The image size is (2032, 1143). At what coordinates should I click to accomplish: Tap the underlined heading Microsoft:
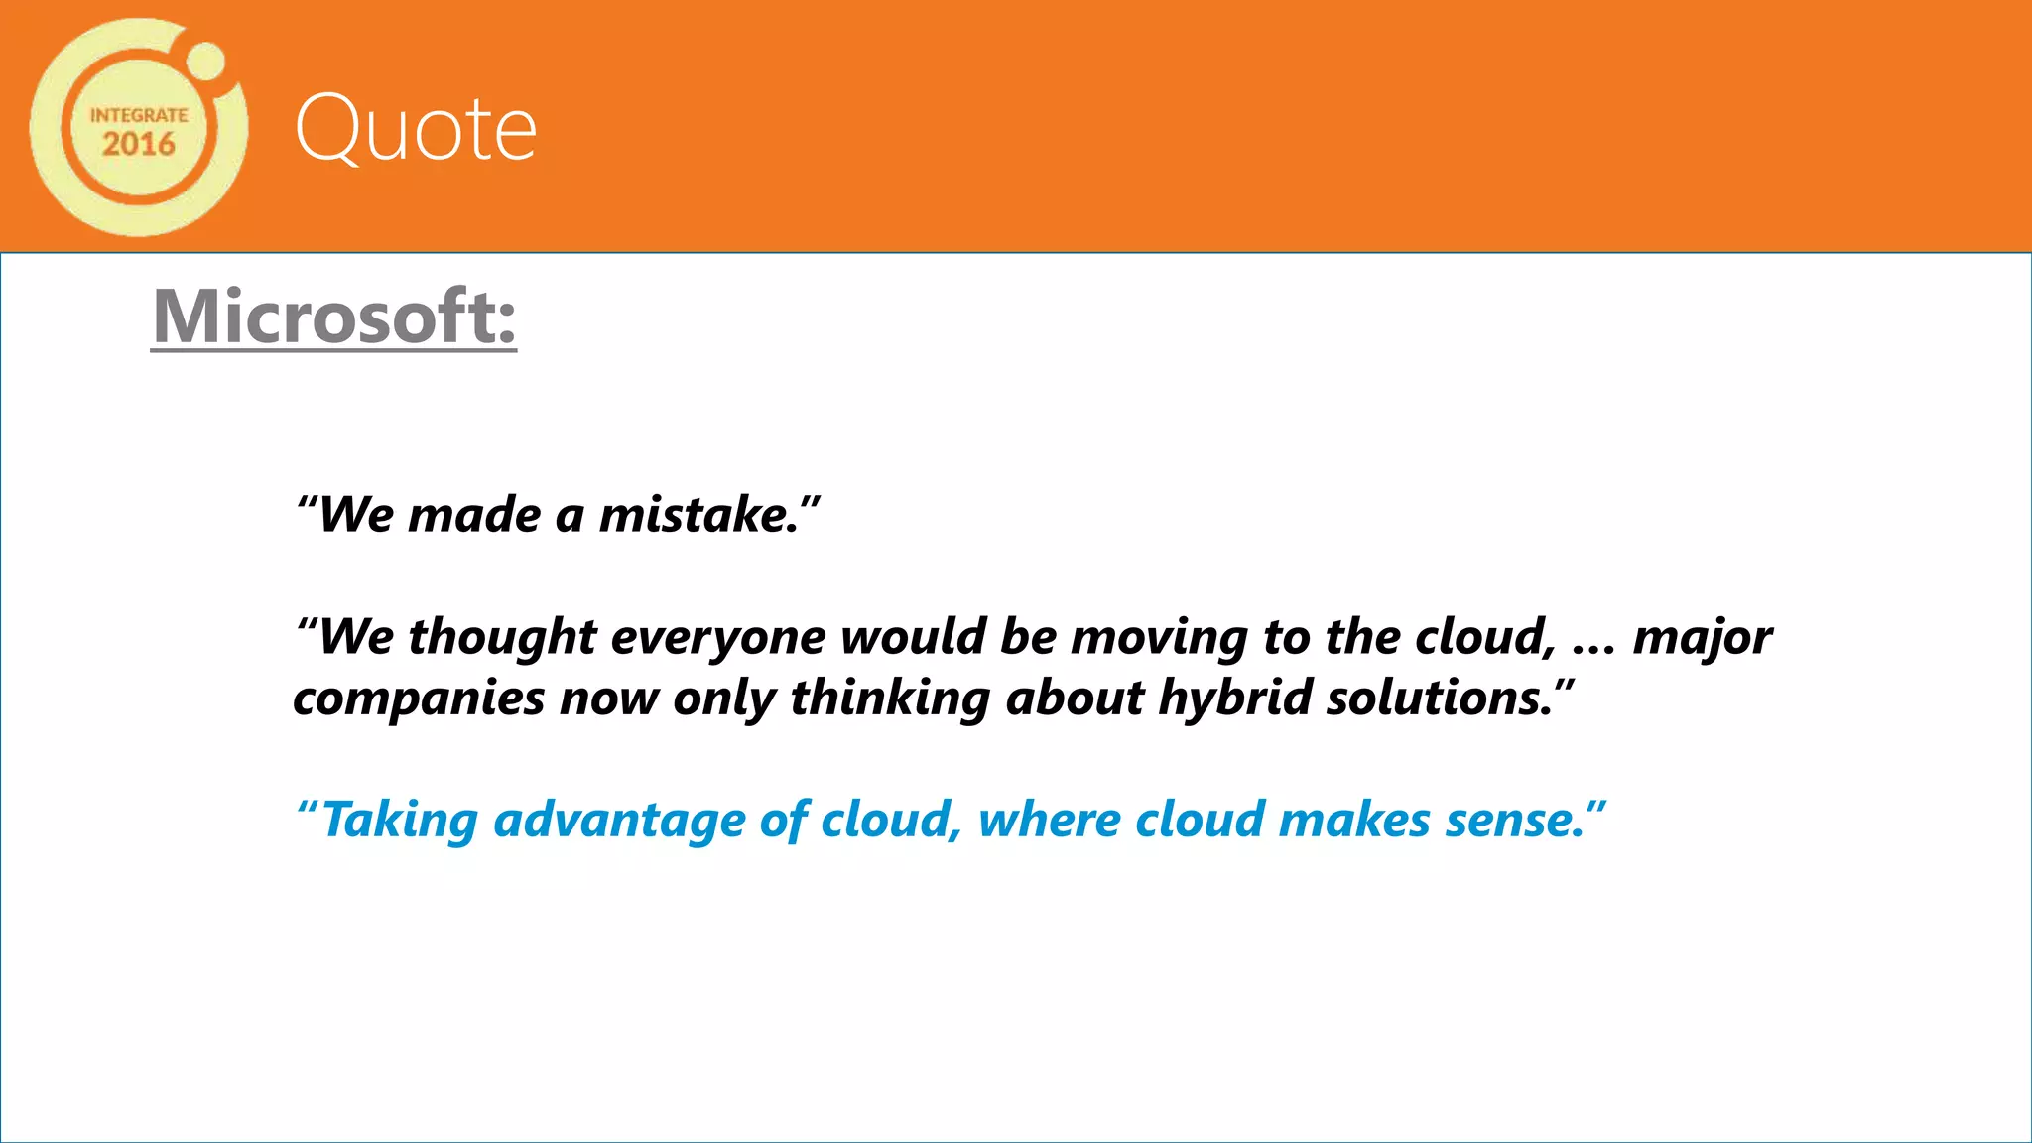pyautogui.click(x=334, y=317)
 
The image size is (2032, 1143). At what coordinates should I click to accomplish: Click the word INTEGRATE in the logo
pyautogui.click(x=139, y=115)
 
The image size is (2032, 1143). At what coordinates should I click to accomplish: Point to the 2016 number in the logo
pyautogui.click(x=139, y=144)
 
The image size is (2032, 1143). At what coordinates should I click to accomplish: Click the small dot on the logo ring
pyautogui.click(x=206, y=61)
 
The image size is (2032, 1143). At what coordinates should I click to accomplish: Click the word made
pyautogui.click(x=474, y=515)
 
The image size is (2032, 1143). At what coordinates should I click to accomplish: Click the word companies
pyautogui.click(x=419, y=698)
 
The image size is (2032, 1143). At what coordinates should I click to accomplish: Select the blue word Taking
pyautogui.click(x=400, y=821)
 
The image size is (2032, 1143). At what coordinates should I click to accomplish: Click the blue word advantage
pyautogui.click(x=618, y=821)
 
